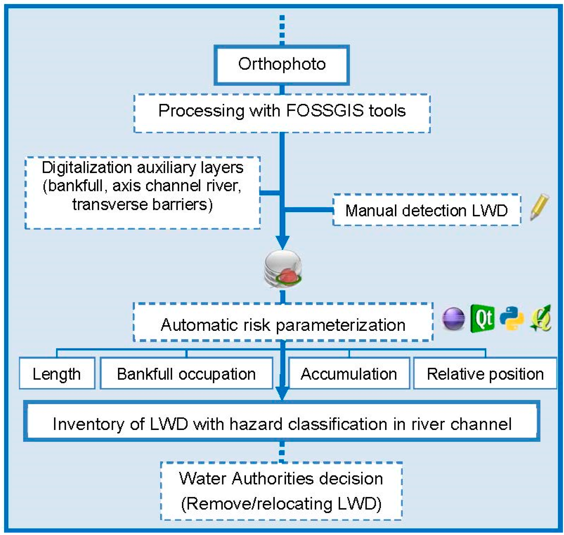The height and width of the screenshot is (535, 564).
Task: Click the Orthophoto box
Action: click(282, 65)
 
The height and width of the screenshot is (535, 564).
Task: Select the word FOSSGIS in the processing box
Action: click(325, 111)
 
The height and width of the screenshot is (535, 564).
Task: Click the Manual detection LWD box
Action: click(426, 210)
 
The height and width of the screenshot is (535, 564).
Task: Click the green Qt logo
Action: click(483, 319)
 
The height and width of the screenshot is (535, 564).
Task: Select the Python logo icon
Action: click(512, 319)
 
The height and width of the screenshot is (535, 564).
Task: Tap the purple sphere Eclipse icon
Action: click(453, 319)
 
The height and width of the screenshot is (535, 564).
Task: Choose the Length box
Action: click(57, 374)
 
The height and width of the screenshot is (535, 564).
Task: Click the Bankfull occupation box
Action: click(186, 374)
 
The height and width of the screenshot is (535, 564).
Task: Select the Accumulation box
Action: click(349, 374)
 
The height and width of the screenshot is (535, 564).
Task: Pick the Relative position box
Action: click(485, 374)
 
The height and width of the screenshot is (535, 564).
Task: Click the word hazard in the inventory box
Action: click(256, 424)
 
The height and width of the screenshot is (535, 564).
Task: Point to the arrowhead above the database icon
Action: click(282, 242)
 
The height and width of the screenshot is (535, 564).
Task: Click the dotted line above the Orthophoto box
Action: click(282, 30)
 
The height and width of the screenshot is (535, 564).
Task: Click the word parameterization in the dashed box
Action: click(341, 325)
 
